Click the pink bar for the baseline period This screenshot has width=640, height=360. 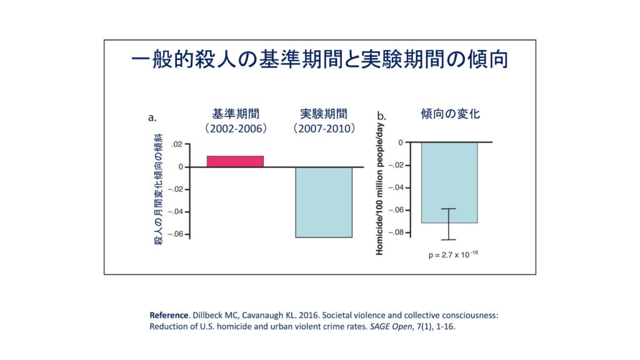(235, 161)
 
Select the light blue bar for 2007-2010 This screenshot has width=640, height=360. (324, 202)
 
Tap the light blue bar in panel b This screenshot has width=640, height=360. (449, 182)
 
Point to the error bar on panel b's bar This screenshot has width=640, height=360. (449, 224)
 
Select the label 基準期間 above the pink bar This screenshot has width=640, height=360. (236, 114)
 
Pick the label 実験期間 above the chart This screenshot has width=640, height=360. (324, 114)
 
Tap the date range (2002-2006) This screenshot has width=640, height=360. (236, 129)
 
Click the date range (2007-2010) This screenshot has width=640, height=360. (324, 129)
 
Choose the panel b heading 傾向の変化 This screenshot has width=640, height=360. (450, 114)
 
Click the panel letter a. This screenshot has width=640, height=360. (152, 117)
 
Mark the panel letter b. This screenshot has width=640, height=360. (382, 116)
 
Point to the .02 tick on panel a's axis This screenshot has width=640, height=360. (177, 144)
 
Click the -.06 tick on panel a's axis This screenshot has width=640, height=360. (176, 234)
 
